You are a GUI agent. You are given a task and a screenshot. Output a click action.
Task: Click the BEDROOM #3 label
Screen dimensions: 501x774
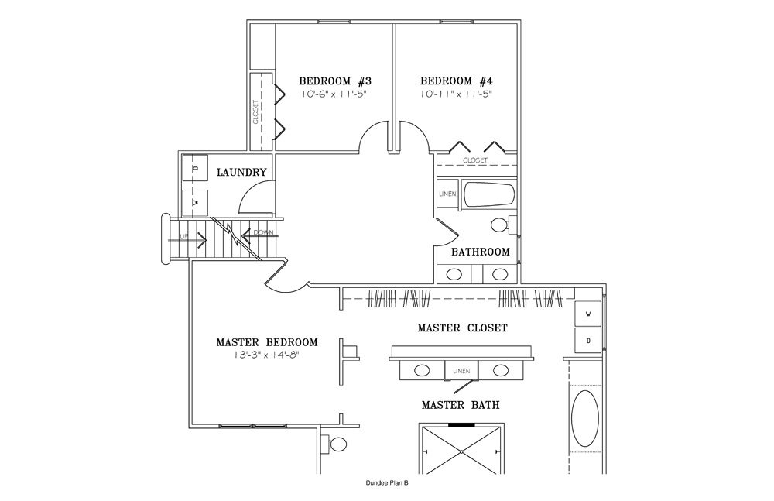point(336,81)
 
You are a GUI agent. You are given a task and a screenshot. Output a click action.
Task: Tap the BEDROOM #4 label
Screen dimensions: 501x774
point(457,81)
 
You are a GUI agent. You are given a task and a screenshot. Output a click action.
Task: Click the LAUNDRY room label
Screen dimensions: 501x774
point(241,173)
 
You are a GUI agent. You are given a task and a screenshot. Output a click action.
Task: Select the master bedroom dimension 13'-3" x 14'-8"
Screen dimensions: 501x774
point(265,355)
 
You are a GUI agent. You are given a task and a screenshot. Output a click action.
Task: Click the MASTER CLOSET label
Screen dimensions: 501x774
point(462,328)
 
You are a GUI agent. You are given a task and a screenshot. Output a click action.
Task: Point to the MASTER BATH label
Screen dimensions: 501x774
point(460,404)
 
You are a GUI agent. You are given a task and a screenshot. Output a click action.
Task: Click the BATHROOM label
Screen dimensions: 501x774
point(481,252)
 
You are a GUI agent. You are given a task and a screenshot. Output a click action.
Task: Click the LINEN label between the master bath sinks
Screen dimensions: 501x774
point(461,372)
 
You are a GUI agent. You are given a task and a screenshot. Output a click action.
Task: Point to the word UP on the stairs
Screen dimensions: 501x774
point(183,236)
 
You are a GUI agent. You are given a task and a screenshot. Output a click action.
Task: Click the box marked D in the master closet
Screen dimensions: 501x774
point(588,340)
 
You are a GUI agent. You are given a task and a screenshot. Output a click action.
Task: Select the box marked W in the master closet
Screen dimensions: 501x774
point(588,314)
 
